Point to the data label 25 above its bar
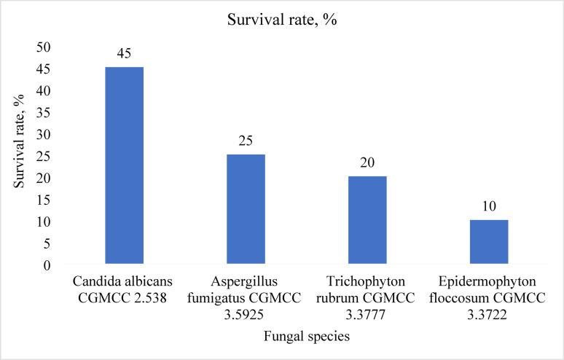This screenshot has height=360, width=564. point(246,141)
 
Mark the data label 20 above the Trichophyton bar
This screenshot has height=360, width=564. point(367,163)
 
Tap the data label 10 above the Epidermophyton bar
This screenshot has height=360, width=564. point(489,206)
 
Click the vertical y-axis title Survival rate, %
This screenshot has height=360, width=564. point(20,157)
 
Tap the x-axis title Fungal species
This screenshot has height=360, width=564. point(306,337)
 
